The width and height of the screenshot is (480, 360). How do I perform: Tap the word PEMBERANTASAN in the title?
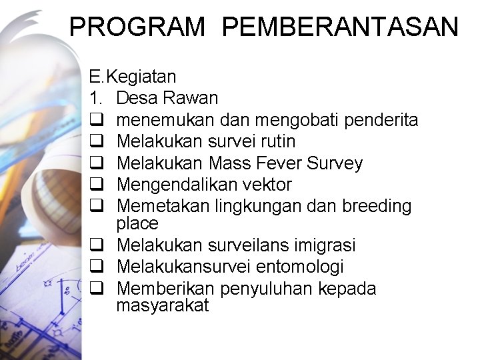click(340, 27)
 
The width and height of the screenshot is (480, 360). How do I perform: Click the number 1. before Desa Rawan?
click(95, 99)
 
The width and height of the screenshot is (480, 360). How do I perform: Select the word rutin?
click(277, 141)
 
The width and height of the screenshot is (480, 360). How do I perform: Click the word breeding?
click(377, 206)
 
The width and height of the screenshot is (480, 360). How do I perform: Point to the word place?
click(137, 223)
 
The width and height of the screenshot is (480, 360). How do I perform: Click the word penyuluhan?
click(266, 289)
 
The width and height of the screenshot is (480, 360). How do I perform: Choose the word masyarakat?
click(162, 306)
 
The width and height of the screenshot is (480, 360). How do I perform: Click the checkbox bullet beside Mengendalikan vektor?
click(95, 185)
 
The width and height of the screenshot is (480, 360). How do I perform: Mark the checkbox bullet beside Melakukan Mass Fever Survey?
click(95, 163)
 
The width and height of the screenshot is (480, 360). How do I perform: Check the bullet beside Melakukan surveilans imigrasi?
click(95, 246)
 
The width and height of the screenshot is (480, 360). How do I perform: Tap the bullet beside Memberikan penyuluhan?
click(95, 289)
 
